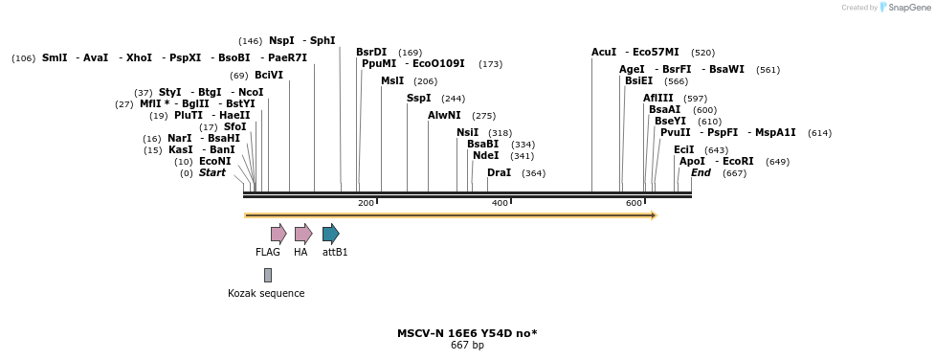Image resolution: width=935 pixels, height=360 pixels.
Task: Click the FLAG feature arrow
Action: (x=278, y=234)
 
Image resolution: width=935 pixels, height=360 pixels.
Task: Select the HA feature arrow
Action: (x=302, y=234)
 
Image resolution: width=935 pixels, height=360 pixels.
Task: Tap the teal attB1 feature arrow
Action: (x=330, y=234)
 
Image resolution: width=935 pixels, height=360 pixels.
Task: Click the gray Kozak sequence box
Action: (x=268, y=275)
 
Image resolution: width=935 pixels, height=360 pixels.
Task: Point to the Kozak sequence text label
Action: (x=266, y=294)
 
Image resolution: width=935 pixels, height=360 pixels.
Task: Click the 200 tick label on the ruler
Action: (x=366, y=203)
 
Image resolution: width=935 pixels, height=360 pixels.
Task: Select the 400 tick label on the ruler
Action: (x=500, y=203)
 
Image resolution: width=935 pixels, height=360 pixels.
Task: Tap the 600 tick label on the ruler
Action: (x=634, y=203)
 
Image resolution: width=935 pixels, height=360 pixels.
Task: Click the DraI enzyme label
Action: (x=499, y=173)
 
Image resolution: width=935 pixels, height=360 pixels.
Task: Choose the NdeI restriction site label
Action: (x=485, y=155)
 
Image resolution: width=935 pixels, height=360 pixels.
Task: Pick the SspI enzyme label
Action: (x=418, y=98)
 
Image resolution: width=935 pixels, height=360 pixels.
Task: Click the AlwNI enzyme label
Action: (x=444, y=116)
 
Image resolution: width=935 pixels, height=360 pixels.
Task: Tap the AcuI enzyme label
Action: (x=604, y=53)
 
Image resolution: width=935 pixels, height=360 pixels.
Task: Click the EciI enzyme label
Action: (x=683, y=149)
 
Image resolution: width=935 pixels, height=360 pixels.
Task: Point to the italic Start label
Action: (x=212, y=173)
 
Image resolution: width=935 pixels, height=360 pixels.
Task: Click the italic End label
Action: (x=701, y=173)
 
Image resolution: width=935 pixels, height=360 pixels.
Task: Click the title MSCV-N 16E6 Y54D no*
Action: (x=467, y=333)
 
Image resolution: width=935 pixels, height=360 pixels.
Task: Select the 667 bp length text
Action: (x=467, y=346)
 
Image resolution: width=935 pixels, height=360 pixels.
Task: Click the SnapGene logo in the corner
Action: (x=905, y=8)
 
